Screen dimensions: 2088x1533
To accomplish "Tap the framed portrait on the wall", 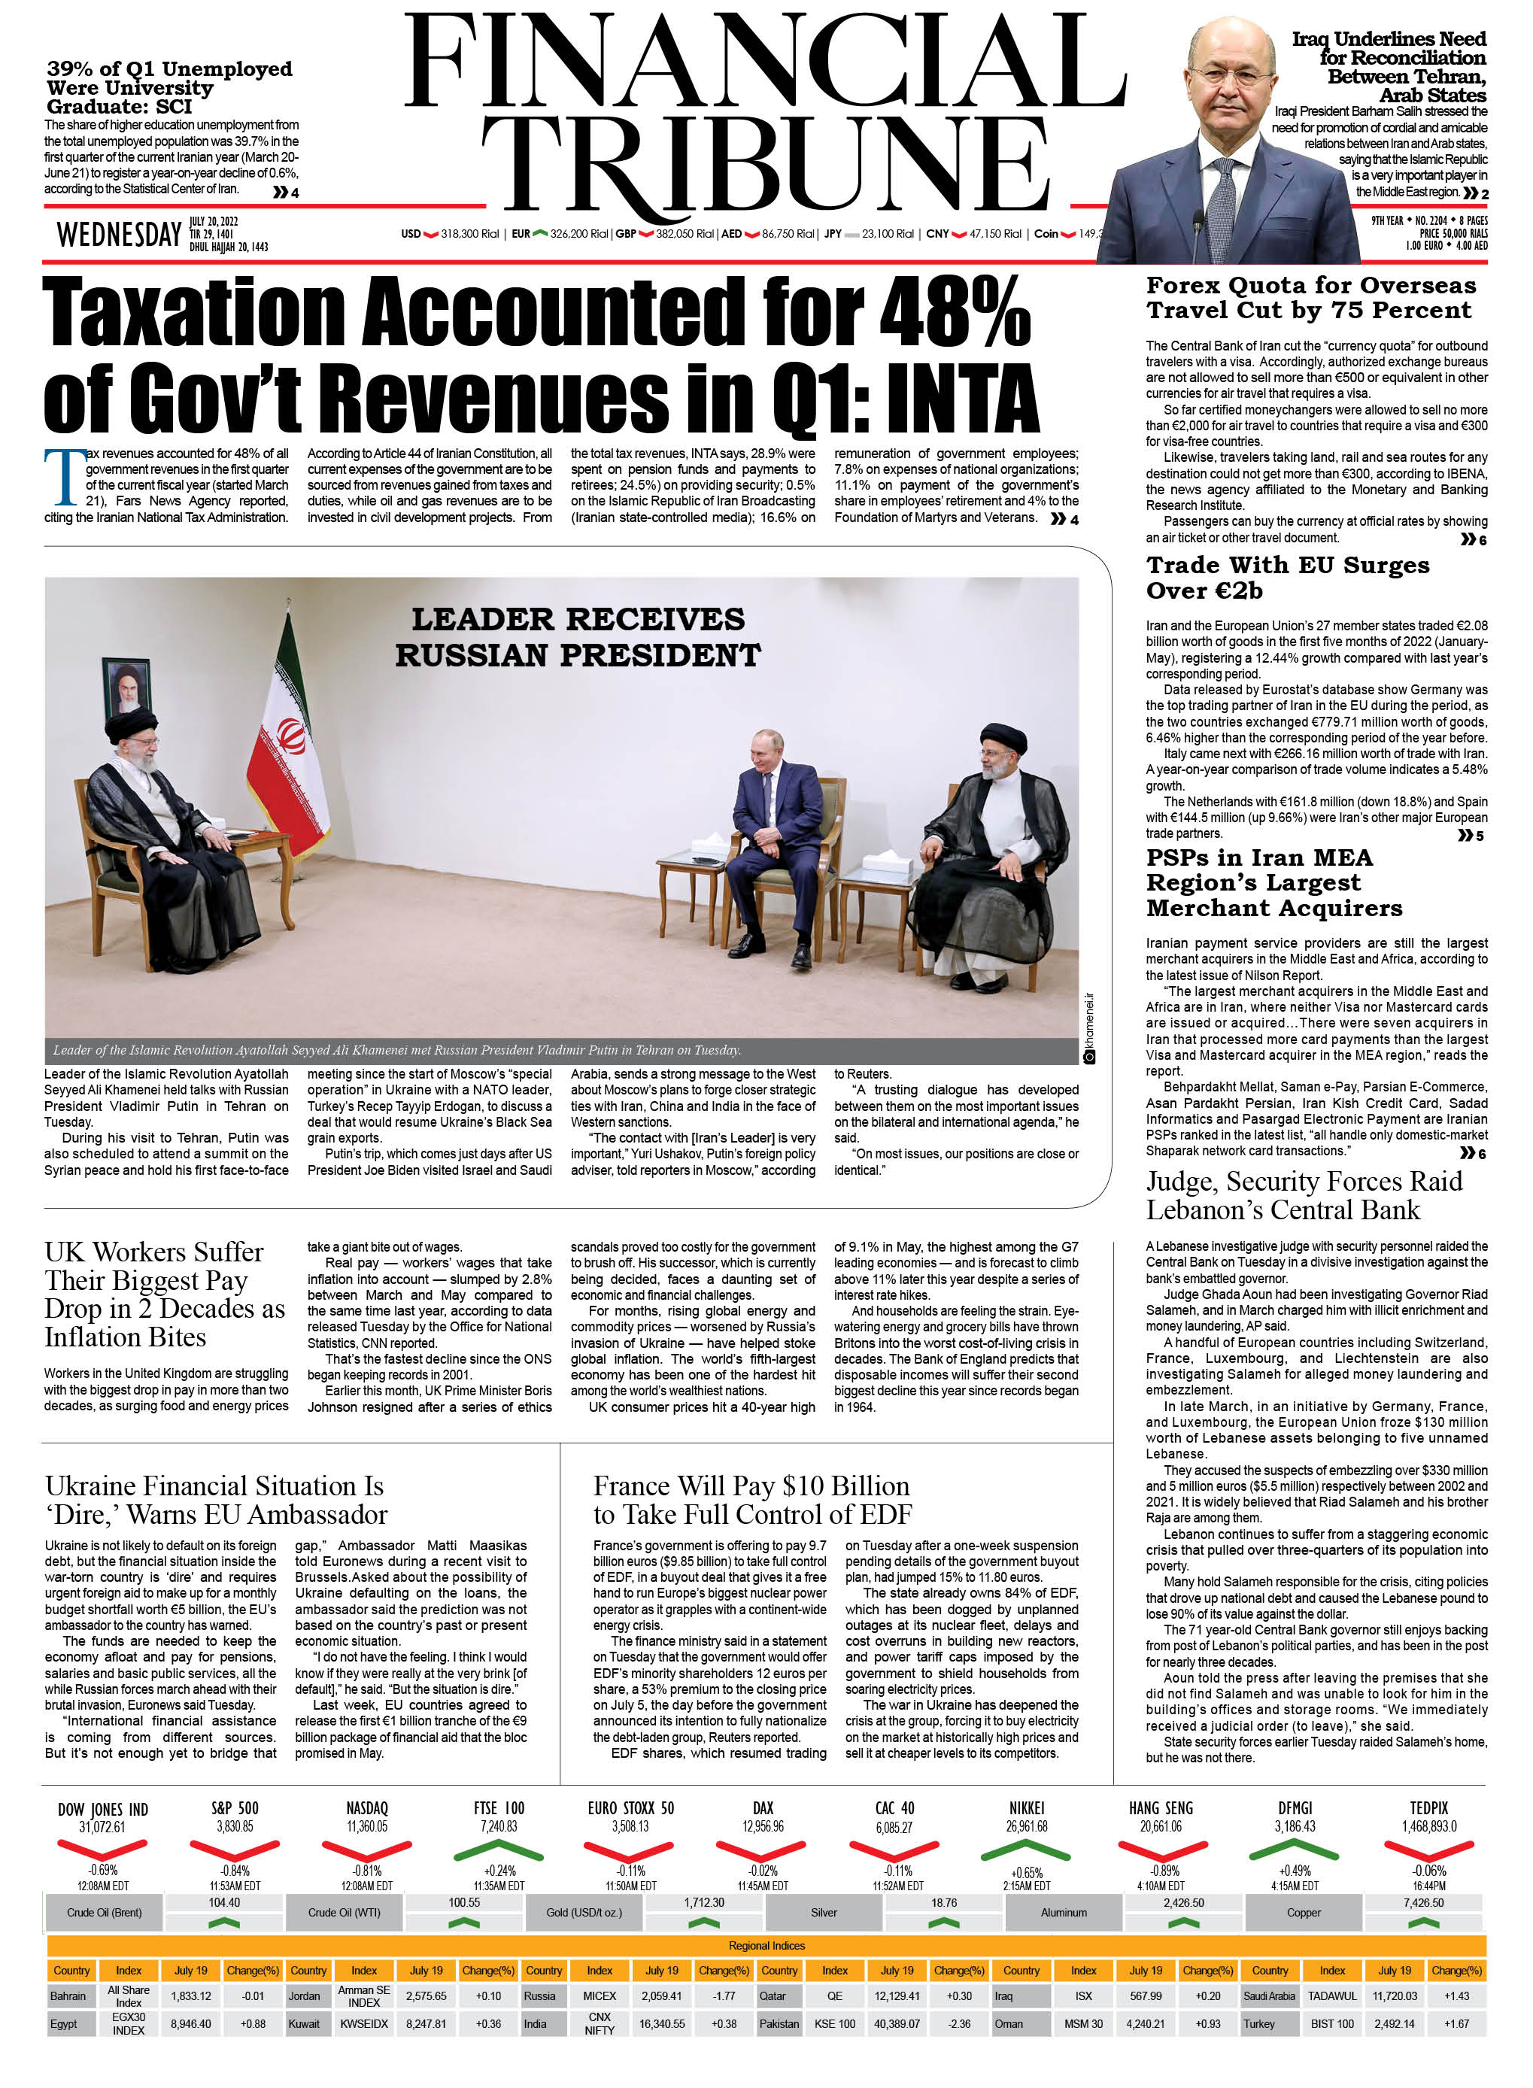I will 127,686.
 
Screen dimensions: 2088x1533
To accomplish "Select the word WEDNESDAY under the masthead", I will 119,235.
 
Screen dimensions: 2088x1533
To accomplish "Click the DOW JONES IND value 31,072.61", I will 102,1826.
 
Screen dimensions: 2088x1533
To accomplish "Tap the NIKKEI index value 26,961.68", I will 1026,1826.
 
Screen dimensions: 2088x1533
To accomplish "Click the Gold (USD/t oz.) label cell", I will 584,1913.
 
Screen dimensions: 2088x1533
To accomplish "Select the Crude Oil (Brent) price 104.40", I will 223,1902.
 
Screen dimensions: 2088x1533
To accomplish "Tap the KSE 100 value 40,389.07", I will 895,2024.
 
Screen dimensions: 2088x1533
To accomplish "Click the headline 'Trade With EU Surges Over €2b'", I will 1287,577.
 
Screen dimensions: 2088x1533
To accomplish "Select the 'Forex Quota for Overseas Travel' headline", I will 1310,297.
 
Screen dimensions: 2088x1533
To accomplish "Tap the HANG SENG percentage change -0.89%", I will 1161,1871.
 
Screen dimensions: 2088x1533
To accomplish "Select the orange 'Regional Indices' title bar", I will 766,1946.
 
